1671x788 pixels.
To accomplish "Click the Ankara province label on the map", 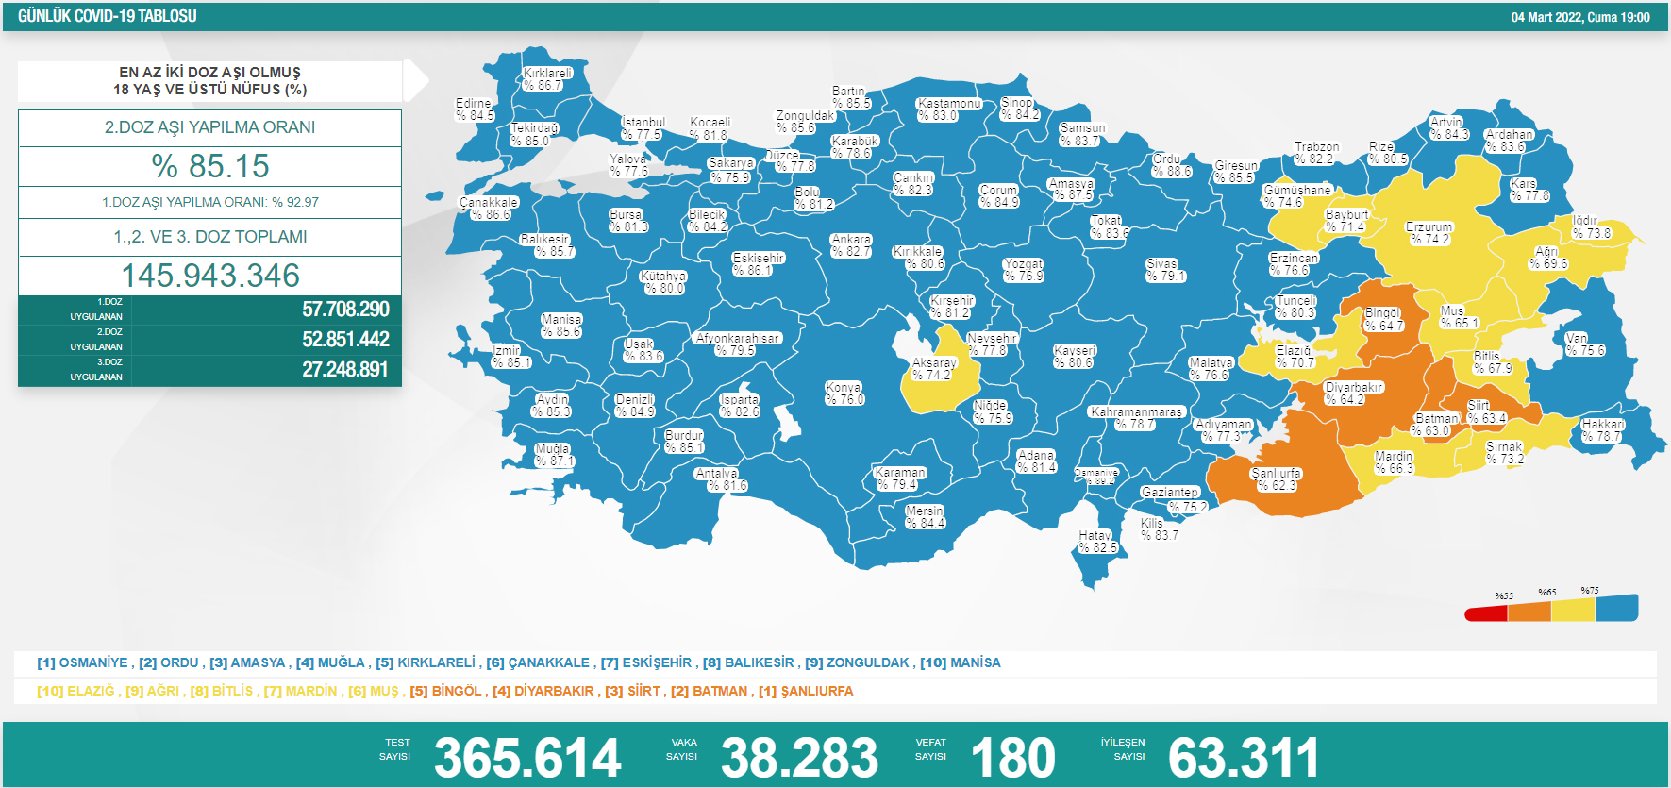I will pyautogui.click(x=851, y=245).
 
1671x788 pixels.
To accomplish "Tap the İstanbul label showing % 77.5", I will pyautogui.click(x=643, y=128).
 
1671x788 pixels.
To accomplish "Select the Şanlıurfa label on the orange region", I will pyautogui.click(x=1277, y=479).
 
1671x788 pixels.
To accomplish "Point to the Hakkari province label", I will pyautogui.click(x=1602, y=430).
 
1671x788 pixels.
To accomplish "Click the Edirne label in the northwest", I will pyautogui.click(x=474, y=109).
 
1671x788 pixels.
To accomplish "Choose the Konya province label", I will pyautogui.click(x=844, y=394).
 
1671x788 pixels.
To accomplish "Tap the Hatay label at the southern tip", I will pyautogui.click(x=1097, y=542).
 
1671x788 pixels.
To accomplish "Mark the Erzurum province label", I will pyautogui.click(x=1429, y=233).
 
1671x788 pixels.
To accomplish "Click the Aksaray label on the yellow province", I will pyautogui.click(x=933, y=369).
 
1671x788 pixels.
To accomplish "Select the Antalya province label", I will pyautogui.click(x=719, y=479).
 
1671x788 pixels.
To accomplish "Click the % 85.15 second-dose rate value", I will pyautogui.click(x=210, y=166).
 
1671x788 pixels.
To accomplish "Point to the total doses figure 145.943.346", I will pyautogui.click(x=210, y=276).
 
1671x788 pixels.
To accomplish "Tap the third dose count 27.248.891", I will pyautogui.click(x=344, y=370).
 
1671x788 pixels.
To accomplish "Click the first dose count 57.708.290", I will pyautogui.click(x=345, y=310).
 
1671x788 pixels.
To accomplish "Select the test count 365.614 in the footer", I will pyautogui.click(x=527, y=758).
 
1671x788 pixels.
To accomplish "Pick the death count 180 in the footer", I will pyautogui.click(x=1012, y=758).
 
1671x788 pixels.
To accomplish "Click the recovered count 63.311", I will pyautogui.click(x=1244, y=758).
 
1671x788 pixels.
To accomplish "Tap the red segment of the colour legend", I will pyautogui.click(x=1485, y=614).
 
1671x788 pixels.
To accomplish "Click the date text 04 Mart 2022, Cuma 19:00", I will pyautogui.click(x=1579, y=17).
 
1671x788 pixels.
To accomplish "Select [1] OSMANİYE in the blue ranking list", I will pyautogui.click(x=82, y=662).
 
